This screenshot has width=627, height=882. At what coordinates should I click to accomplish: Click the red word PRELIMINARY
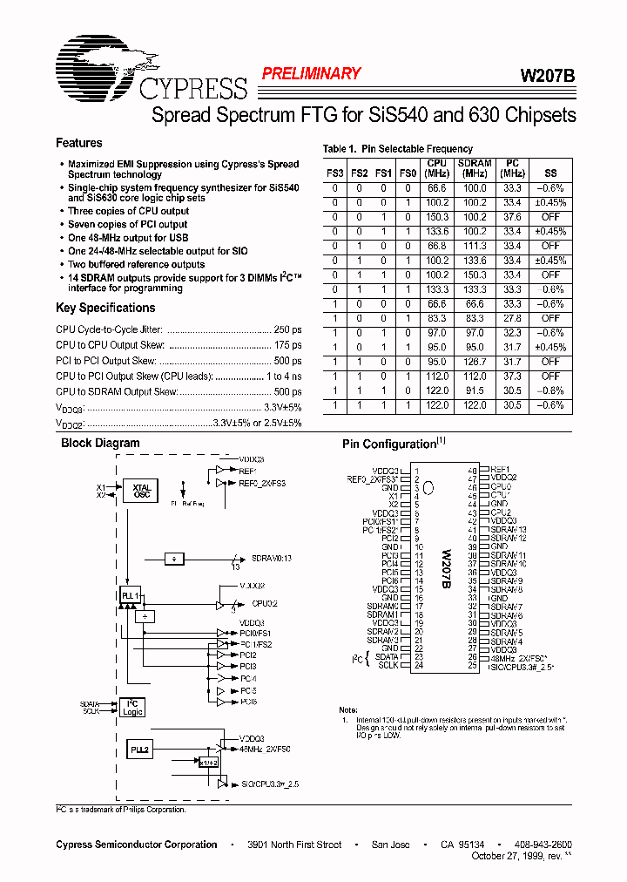point(311,74)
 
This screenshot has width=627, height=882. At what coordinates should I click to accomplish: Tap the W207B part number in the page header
point(548,76)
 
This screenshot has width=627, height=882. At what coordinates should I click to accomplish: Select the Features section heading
point(79,143)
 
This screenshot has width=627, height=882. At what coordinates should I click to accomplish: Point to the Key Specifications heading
point(105,308)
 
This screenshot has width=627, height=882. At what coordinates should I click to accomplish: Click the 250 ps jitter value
point(287,329)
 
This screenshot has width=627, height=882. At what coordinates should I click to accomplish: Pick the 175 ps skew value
point(287,345)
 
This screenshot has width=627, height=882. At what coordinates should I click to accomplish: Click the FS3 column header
point(335,173)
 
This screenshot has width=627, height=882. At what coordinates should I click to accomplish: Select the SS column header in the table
point(549,173)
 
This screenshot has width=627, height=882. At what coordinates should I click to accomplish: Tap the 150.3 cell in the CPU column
point(436,217)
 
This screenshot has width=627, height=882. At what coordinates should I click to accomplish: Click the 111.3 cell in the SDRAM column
point(475,246)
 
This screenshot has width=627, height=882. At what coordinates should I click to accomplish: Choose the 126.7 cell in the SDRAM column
point(475,362)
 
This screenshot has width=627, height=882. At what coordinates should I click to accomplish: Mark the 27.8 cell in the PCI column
point(513,318)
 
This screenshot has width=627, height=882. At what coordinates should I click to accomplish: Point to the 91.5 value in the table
point(475,390)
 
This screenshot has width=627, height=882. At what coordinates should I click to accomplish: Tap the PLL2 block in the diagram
point(139,749)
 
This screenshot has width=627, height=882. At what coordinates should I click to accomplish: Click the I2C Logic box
point(132,708)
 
